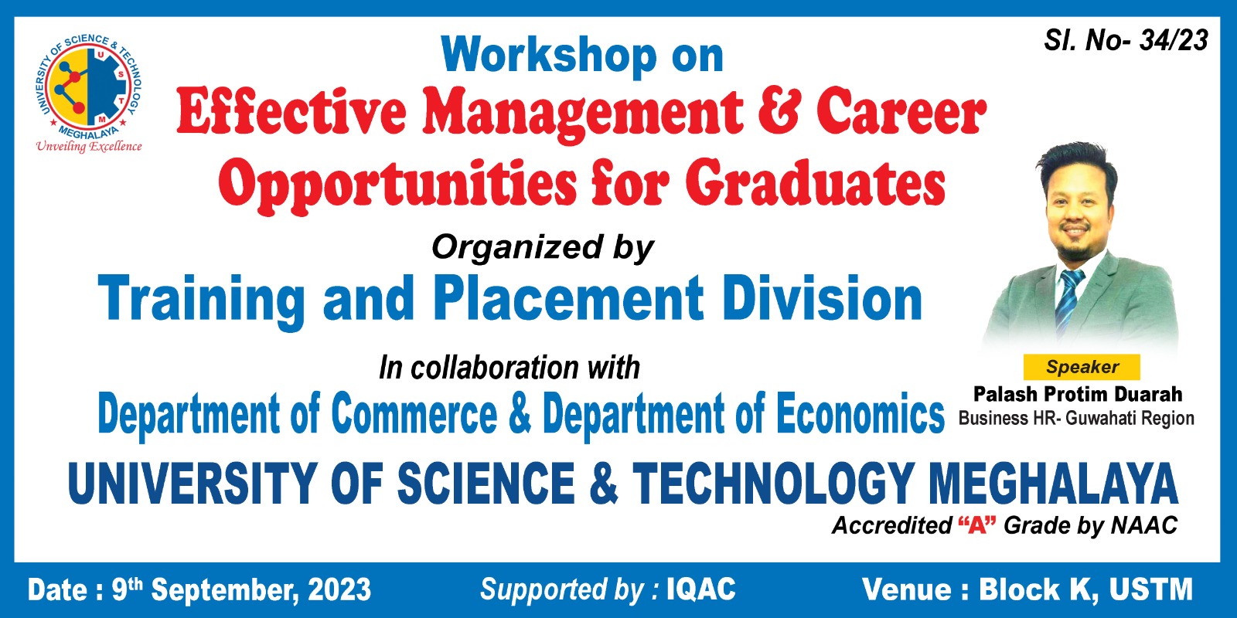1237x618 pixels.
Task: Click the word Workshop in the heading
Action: tap(549, 55)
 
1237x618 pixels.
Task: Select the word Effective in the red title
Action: tap(291, 113)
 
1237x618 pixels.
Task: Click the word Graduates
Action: tap(816, 182)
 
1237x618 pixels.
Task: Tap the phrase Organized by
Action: tap(542, 248)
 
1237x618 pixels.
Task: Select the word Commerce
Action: tap(414, 414)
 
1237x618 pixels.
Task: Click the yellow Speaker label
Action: tap(1082, 367)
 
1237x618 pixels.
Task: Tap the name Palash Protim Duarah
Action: tap(1078, 394)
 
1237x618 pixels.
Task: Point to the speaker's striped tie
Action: tap(1069, 301)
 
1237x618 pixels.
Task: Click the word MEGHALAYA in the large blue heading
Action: tap(1053, 484)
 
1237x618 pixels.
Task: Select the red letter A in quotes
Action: tap(977, 525)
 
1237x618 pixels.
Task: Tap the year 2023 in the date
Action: tap(339, 590)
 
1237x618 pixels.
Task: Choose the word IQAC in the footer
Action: tap(701, 589)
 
